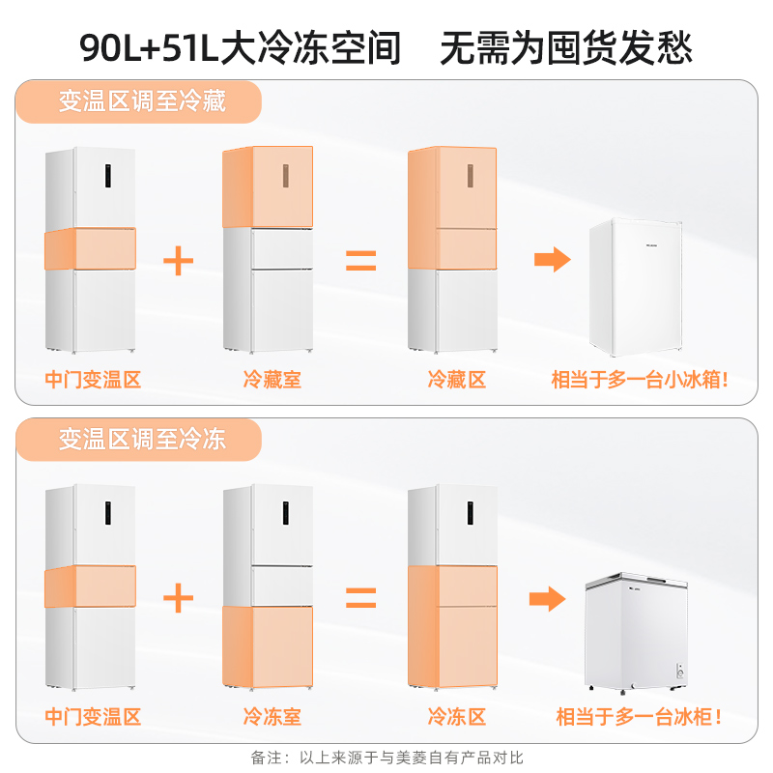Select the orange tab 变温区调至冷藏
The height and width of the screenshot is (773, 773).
coord(142,100)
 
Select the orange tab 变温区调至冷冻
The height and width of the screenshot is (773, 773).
coord(142,440)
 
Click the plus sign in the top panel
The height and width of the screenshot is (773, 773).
coord(178,260)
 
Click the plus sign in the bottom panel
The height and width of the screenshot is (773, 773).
coord(178,598)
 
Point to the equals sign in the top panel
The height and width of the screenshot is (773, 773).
coord(361,260)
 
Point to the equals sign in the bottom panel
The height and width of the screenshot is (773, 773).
coord(361,598)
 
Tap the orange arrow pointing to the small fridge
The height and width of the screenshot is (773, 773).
coord(553,260)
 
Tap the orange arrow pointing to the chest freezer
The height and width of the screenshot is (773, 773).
coord(548,599)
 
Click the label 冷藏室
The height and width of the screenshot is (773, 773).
coord(272,380)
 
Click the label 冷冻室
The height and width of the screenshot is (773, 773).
coord(272,717)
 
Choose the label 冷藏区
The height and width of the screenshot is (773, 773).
coord(456,380)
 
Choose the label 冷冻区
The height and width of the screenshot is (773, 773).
coord(456,717)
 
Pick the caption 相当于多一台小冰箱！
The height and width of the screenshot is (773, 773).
coord(640,380)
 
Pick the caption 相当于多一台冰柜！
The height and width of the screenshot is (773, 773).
coord(640,717)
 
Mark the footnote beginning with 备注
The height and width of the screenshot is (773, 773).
coord(386,758)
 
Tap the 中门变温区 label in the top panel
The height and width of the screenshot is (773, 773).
coord(93,380)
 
